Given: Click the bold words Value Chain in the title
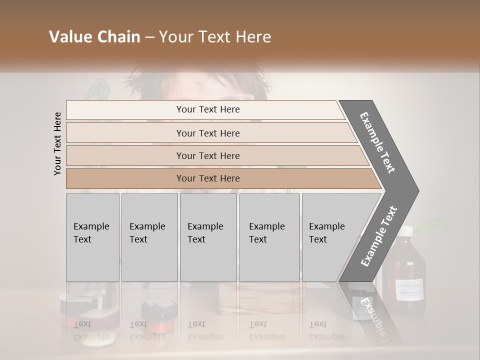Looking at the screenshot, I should pyautogui.click(x=94, y=37).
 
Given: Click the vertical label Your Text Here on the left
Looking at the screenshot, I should pyautogui.click(x=57, y=143).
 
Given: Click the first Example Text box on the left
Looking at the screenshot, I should pyautogui.click(x=92, y=237).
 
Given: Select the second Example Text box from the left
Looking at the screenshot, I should pyautogui.click(x=149, y=237).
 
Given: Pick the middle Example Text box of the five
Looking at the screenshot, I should pyautogui.click(x=208, y=237).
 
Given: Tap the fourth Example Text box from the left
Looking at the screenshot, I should pyautogui.click(x=269, y=237).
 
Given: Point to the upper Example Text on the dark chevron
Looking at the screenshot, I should pyautogui.click(x=377, y=142).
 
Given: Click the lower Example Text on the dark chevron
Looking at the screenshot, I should pyautogui.click(x=379, y=236).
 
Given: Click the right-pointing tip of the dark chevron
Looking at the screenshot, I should pyautogui.click(x=416, y=190).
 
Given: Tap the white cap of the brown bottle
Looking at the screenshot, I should pyautogui.click(x=405, y=231).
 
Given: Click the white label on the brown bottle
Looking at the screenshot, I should pyautogui.click(x=409, y=287).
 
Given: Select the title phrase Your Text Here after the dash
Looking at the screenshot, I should pyautogui.click(x=215, y=37).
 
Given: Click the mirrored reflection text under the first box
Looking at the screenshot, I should pyautogui.click(x=91, y=330).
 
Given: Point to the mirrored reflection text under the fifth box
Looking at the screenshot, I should pyautogui.click(x=327, y=330).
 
